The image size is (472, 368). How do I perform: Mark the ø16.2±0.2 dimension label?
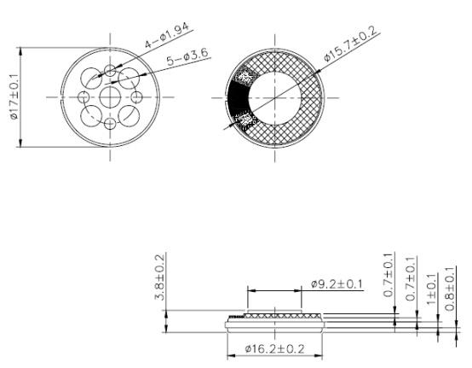click(x=275, y=349)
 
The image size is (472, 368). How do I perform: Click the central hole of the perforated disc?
click(x=111, y=97)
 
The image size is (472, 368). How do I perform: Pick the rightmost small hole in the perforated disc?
click(x=139, y=96)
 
